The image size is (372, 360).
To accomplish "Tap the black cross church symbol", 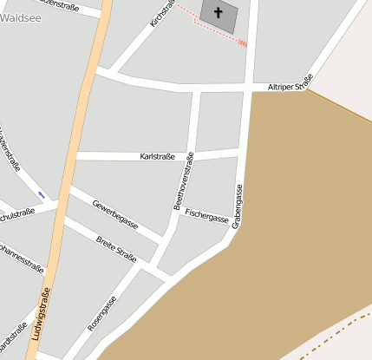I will click(218, 12).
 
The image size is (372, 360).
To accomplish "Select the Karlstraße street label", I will click(157, 156).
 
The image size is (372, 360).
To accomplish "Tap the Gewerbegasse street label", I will click(115, 213).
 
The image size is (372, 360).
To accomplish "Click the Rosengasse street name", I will click(101, 314).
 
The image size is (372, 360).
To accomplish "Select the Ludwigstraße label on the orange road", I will click(39, 314).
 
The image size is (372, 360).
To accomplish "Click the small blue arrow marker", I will click(41, 193).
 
